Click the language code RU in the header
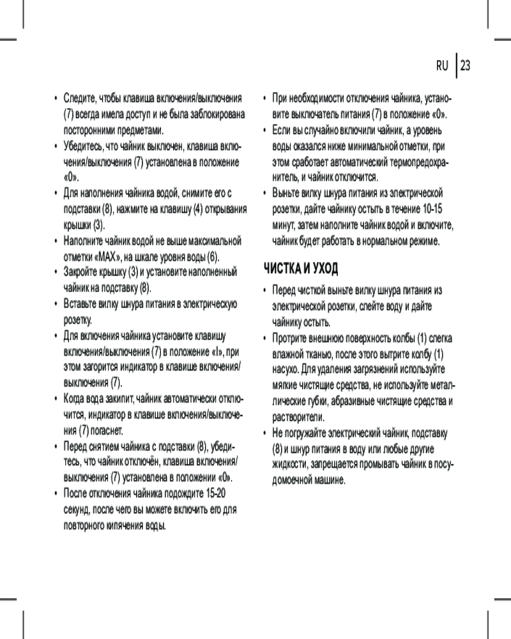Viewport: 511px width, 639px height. click(x=443, y=66)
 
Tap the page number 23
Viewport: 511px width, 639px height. click(x=465, y=66)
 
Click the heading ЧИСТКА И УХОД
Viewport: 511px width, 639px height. click(x=301, y=268)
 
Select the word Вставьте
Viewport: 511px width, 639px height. click(x=83, y=304)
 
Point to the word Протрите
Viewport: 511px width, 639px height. click(x=291, y=337)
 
